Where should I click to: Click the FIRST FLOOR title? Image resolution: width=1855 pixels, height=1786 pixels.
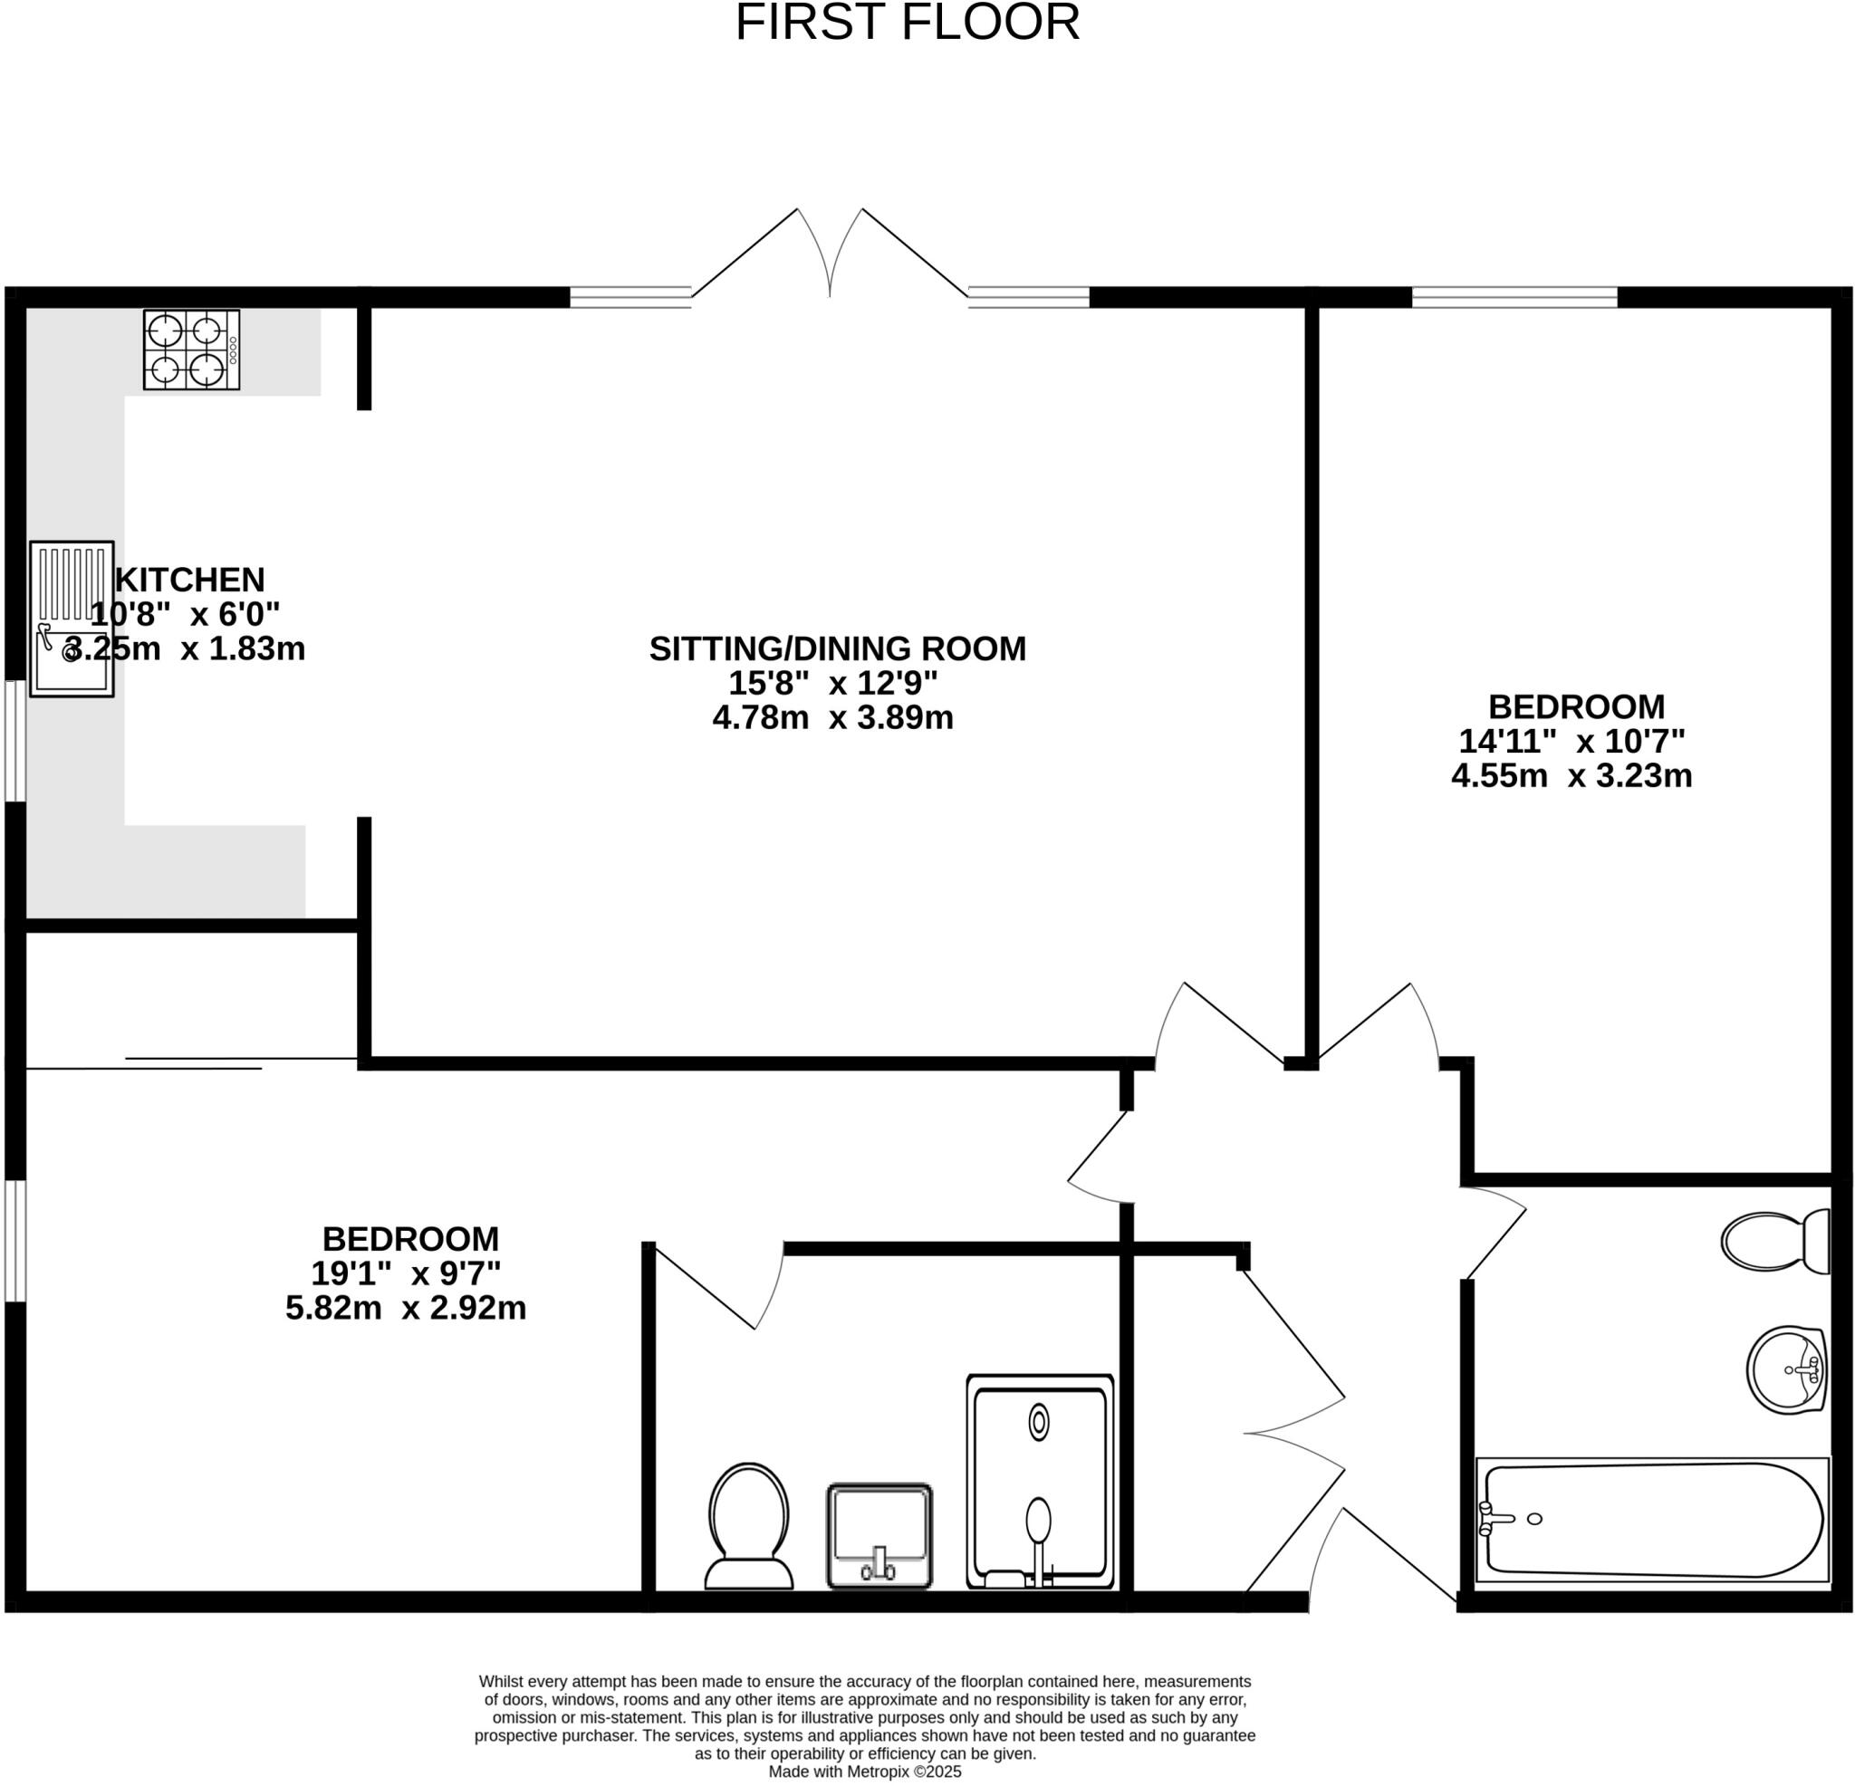pyautogui.click(x=907, y=23)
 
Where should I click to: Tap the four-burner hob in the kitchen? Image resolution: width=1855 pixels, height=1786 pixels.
pyautogui.click(x=191, y=350)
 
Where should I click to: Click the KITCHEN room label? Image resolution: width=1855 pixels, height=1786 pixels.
pyautogui.click(x=189, y=580)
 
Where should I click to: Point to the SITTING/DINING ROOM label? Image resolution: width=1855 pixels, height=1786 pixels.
pyautogui.click(x=837, y=648)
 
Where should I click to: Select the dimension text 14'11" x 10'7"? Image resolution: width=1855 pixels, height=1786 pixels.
pyautogui.click(x=1571, y=740)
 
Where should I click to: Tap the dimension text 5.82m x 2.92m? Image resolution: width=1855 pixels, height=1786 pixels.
pyautogui.click(x=405, y=1308)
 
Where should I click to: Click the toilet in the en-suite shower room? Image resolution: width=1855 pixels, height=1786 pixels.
pyautogui.click(x=749, y=1526)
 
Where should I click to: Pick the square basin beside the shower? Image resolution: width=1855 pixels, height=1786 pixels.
pyautogui.click(x=879, y=1535)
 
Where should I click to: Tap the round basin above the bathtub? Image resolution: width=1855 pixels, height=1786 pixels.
pyautogui.click(x=1785, y=1369)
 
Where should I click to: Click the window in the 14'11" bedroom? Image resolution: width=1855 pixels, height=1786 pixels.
pyautogui.click(x=1514, y=297)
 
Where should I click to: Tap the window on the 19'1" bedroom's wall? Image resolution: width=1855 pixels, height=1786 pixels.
pyautogui.click(x=14, y=1240)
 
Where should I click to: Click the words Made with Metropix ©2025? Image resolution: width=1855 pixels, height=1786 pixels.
pyautogui.click(x=864, y=1772)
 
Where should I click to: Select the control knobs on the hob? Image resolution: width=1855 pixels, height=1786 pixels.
pyautogui.click(x=233, y=350)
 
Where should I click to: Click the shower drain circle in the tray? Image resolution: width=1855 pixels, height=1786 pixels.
pyautogui.click(x=1038, y=1423)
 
